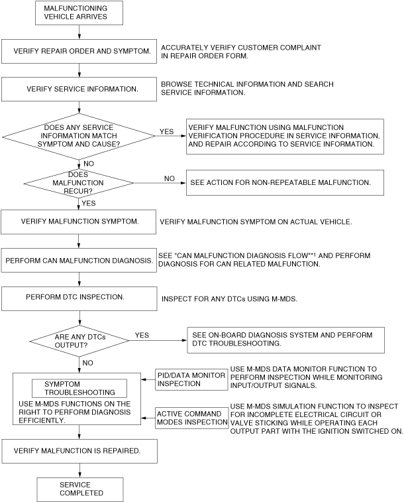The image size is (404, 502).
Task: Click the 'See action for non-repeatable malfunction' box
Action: click(284, 182)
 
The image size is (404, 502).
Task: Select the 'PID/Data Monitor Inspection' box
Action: click(191, 379)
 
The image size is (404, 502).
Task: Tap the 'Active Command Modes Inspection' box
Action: click(191, 418)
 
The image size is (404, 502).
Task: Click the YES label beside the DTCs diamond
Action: click(142, 335)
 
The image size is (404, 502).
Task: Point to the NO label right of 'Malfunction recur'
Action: click(170, 178)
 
